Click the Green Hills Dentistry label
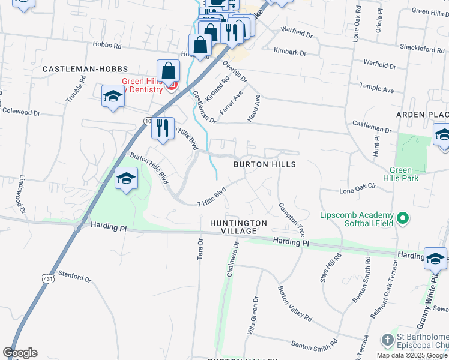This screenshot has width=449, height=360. (142, 86)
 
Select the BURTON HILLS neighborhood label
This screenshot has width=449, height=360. (265, 164)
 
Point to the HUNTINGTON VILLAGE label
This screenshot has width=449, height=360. (238, 227)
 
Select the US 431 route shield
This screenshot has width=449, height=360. (47, 278)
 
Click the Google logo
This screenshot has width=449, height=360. (20, 353)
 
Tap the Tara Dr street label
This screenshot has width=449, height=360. (200, 249)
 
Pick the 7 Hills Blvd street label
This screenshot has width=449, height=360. (211, 197)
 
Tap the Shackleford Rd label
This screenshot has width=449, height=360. (422, 49)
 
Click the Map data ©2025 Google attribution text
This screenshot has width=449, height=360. (412, 355)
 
